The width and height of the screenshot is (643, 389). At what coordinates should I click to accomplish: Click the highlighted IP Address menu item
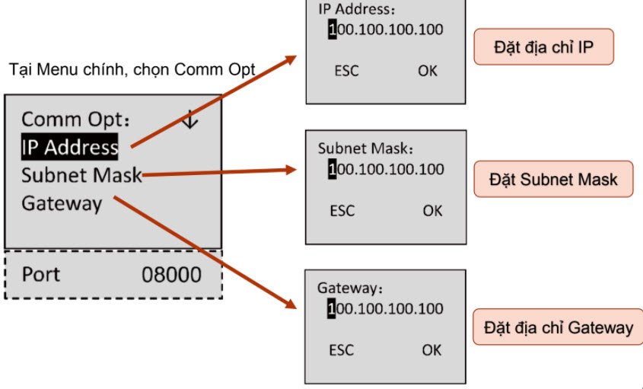[69, 147]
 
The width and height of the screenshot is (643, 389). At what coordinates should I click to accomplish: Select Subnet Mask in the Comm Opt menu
[81, 175]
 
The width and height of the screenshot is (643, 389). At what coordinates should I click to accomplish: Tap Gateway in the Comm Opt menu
[62, 203]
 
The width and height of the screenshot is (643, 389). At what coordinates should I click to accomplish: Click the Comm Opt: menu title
[76, 120]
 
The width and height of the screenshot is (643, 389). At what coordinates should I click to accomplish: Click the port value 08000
[172, 274]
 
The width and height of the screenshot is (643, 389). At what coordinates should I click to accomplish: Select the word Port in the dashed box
[41, 274]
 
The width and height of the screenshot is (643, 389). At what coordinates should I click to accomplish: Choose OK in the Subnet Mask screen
[432, 210]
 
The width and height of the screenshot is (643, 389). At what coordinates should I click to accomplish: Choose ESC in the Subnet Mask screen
[342, 210]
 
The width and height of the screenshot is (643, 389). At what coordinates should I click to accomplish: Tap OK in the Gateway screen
[431, 350]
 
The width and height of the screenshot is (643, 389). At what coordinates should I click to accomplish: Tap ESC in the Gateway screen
[342, 350]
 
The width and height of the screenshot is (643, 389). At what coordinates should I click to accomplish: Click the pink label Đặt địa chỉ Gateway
[559, 327]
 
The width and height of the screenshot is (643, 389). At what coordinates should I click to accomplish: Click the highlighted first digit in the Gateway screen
[332, 309]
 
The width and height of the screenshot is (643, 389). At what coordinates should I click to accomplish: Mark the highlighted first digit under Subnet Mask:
[333, 169]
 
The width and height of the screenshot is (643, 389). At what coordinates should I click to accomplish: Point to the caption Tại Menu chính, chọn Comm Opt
[132, 70]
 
